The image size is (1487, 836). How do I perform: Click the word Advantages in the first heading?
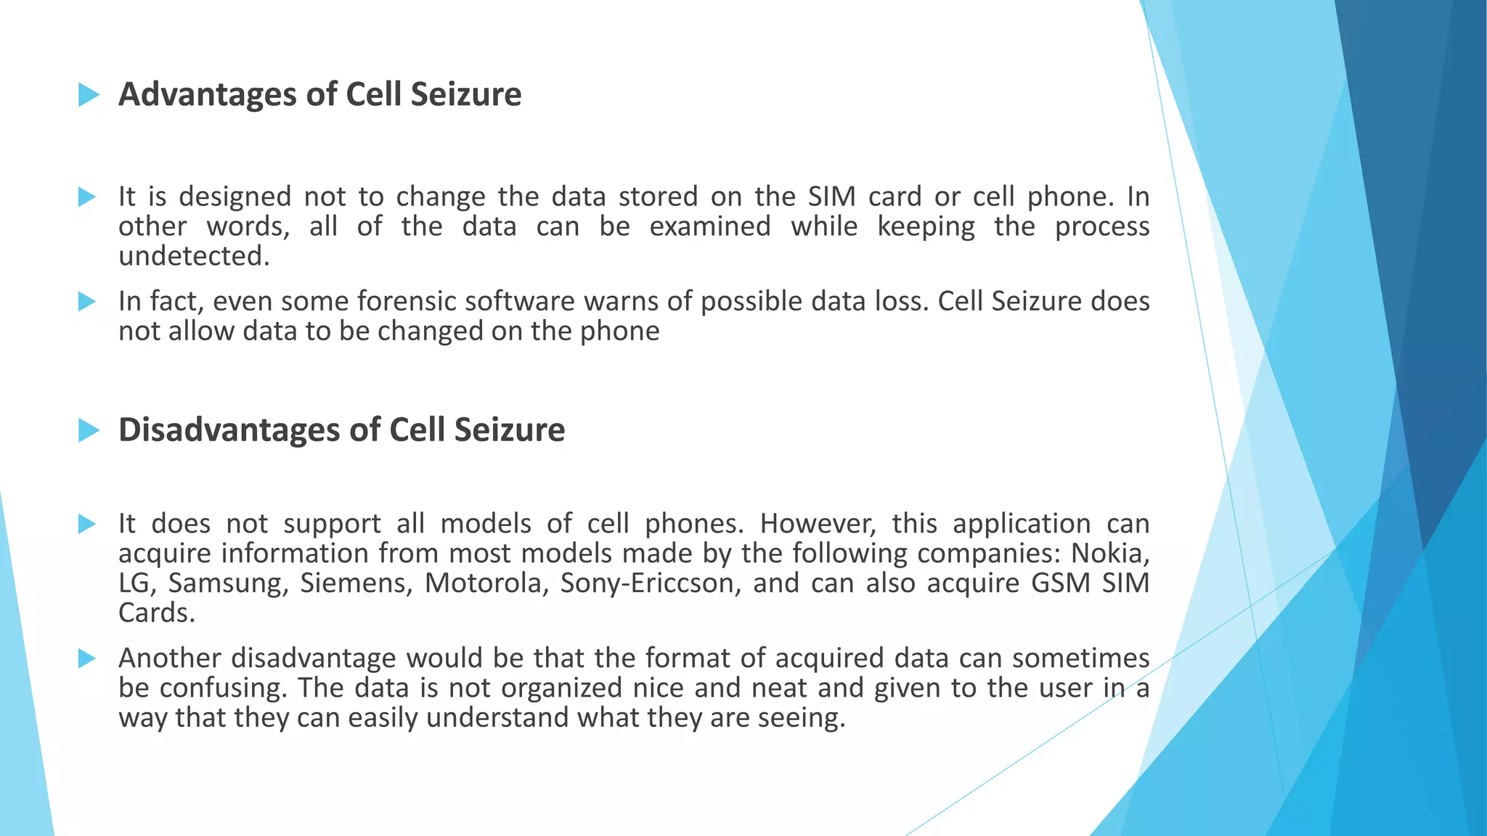click(x=207, y=94)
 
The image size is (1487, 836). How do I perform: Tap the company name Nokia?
click(x=1110, y=554)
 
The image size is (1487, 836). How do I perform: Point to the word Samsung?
click(x=228, y=583)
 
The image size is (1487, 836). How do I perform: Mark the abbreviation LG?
click(x=137, y=583)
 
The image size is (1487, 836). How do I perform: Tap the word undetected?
click(x=194, y=256)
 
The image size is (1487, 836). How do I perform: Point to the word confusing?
click(x=224, y=688)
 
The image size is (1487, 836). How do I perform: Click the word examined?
click(x=709, y=226)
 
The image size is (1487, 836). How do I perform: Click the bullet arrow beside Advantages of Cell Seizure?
click(x=89, y=94)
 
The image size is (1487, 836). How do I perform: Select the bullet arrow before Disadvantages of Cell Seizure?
click(x=89, y=430)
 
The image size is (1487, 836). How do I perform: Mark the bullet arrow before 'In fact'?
click(x=87, y=301)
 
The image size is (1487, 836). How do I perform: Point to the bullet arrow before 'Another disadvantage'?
click(x=87, y=658)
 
